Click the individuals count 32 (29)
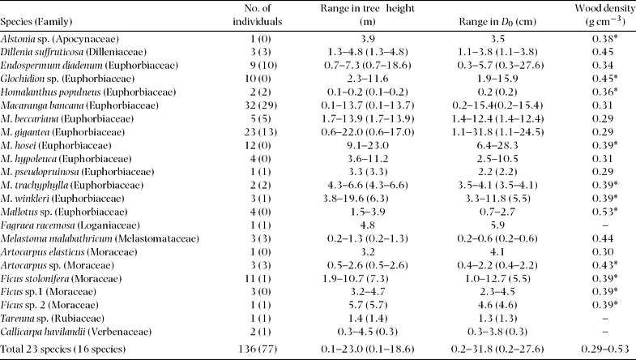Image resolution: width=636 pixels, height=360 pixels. (241, 105)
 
